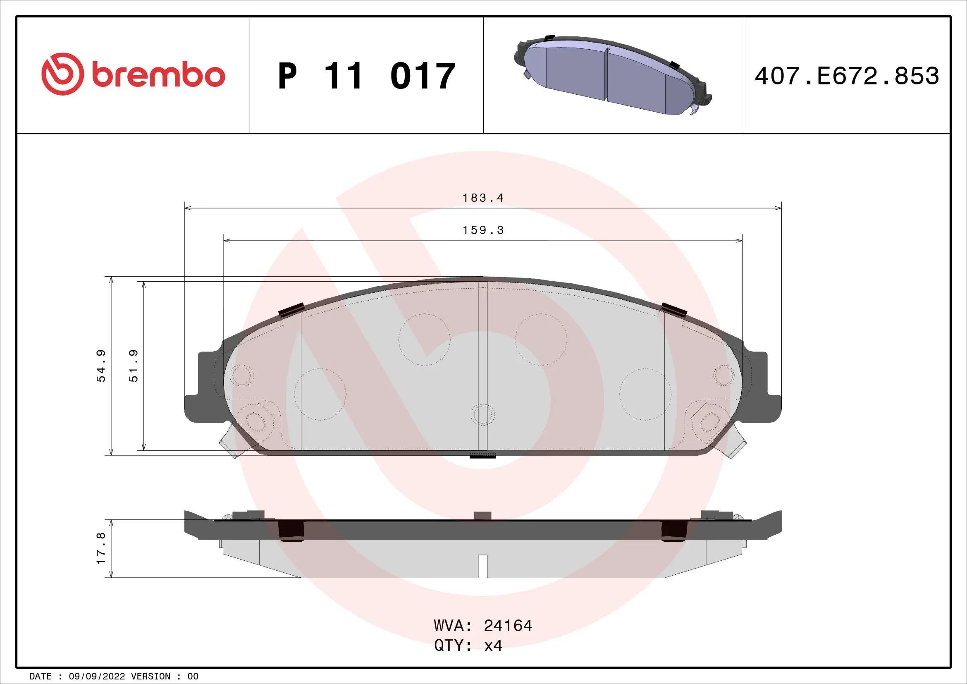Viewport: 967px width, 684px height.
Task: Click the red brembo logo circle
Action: tap(61, 74)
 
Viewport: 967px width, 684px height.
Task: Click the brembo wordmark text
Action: tap(158, 76)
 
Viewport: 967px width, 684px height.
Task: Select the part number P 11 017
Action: tap(366, 76)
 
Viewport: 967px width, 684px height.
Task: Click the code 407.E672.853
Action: tap(847, 76)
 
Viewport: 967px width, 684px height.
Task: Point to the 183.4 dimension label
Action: tap(482, 198)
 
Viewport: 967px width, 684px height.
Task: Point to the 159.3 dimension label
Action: tap(482, 230)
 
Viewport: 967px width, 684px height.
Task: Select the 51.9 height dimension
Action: tap(134, 366)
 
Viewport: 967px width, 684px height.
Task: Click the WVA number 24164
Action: tap(508, 625)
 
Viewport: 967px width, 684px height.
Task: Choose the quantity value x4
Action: tap(493, 645)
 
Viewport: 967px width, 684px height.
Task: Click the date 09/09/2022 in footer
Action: tap(96, 676)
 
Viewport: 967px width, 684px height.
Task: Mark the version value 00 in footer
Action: tap(193, 676)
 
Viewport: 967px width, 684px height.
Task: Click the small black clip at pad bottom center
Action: tap(482, 454)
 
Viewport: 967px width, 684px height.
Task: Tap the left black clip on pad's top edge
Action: tap(291, 310)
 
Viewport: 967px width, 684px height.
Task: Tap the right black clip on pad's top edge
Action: tap(674, 310)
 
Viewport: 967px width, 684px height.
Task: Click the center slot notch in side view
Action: tap(482, 566)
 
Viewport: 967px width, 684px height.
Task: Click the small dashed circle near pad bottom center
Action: tap(482, 414)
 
